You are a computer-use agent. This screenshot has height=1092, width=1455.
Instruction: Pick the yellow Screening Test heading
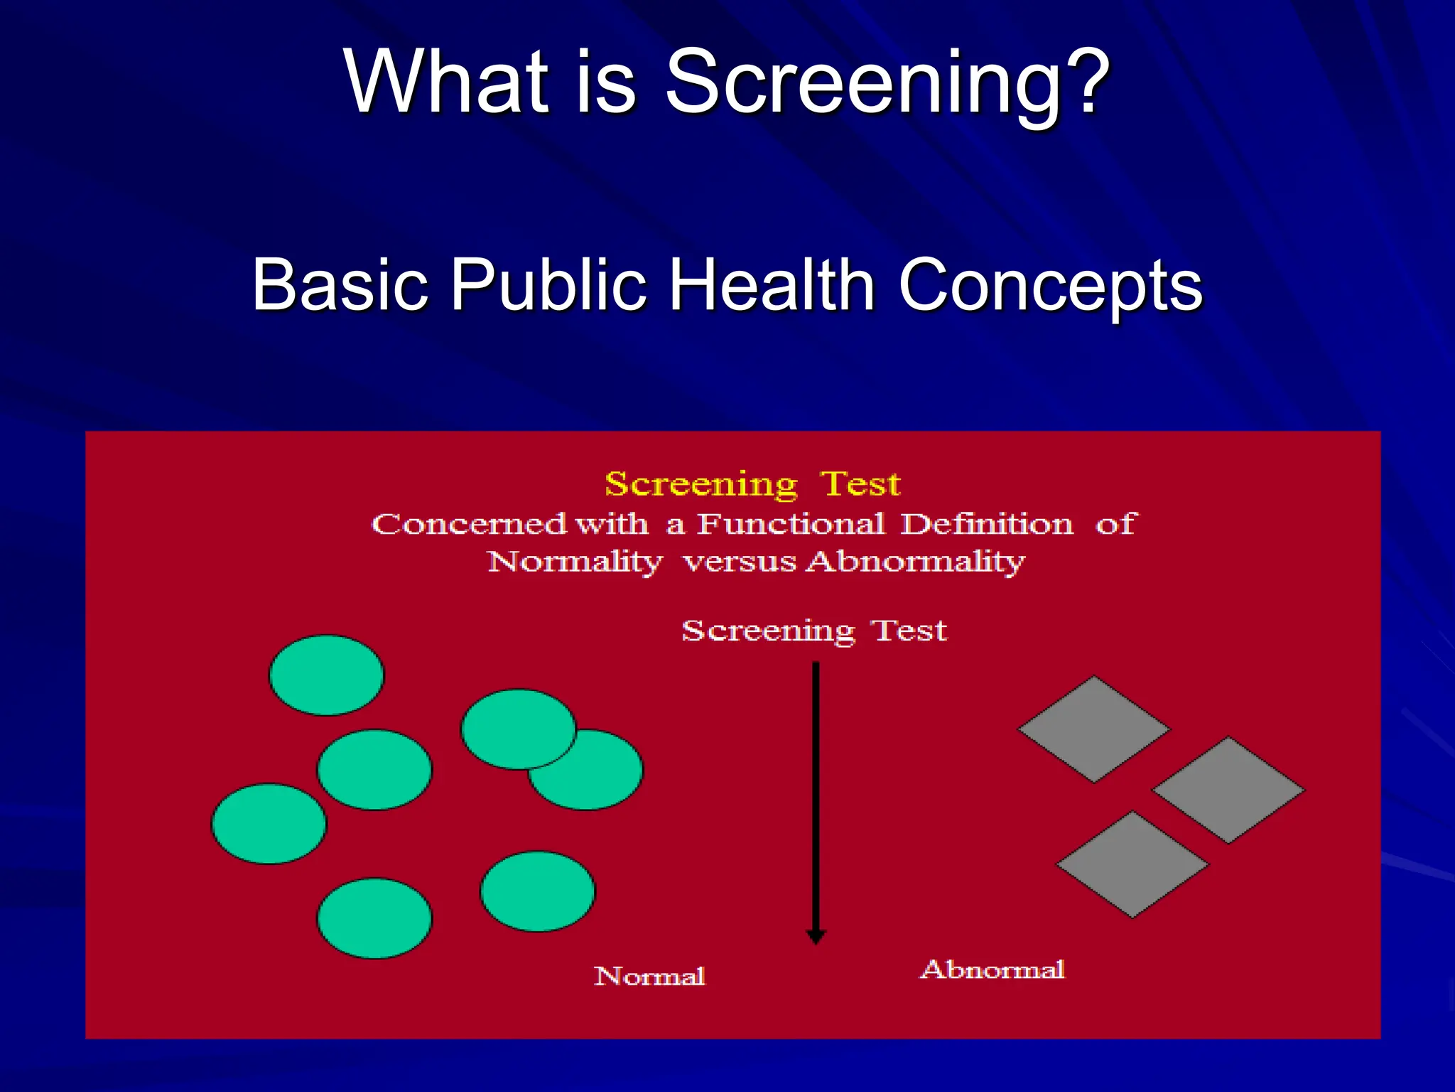(x=752, y=484)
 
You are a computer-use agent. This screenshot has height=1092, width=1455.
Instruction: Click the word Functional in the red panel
(x=791, y=525)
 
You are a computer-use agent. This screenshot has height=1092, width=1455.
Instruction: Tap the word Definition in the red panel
(x=987, y=525)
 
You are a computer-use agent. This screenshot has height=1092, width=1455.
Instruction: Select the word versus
(x=740, y=562)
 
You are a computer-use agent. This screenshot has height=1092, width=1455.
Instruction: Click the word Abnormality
(x=916, y=562)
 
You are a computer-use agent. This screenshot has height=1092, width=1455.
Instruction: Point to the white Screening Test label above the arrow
(x=814, y=631)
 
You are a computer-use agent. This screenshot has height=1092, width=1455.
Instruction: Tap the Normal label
(x=649, y=976)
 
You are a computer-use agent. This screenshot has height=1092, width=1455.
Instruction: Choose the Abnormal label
(x=992, y=970)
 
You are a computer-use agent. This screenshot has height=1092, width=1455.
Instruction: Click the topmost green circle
(x=326, y=675)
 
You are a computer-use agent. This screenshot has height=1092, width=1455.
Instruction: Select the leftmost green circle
(x=269, y=824)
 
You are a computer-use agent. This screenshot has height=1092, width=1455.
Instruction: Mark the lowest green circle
(x=374, y=919)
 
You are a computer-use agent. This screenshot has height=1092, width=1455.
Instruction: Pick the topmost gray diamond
(x=1094, y=729)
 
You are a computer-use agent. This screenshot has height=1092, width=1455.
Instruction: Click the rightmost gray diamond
(x=1228, y=790)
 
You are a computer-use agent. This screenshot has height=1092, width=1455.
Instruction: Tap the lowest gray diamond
(x=1132, y=864)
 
